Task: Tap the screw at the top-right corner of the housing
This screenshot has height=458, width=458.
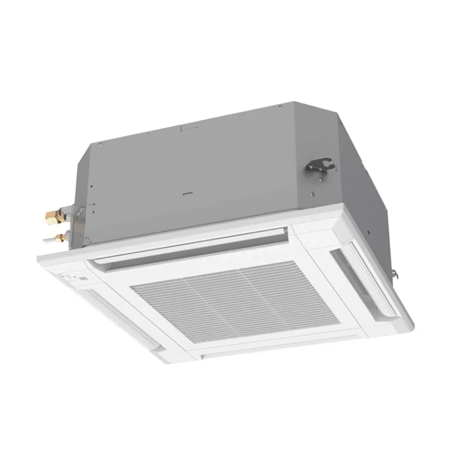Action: coord(279,106)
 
